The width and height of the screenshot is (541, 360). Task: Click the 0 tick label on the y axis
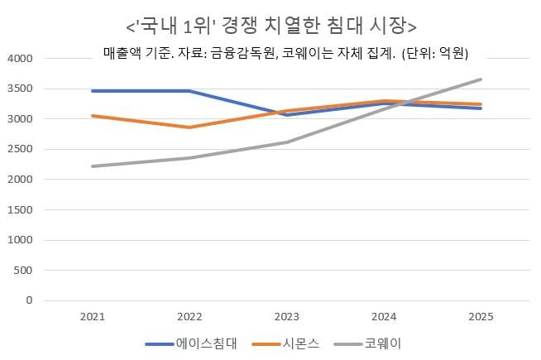pyautogui.click(x=28, y=300)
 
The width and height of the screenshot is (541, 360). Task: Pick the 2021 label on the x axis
pyautogui.click(x=92, y=317)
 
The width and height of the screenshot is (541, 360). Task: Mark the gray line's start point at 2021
pyautogui.click(x=92, y=166)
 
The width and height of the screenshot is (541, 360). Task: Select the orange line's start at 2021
pyautogui.click(x=92, y=116)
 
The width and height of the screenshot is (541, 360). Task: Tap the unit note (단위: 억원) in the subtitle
pyautogui.click(x=435, y=55)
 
